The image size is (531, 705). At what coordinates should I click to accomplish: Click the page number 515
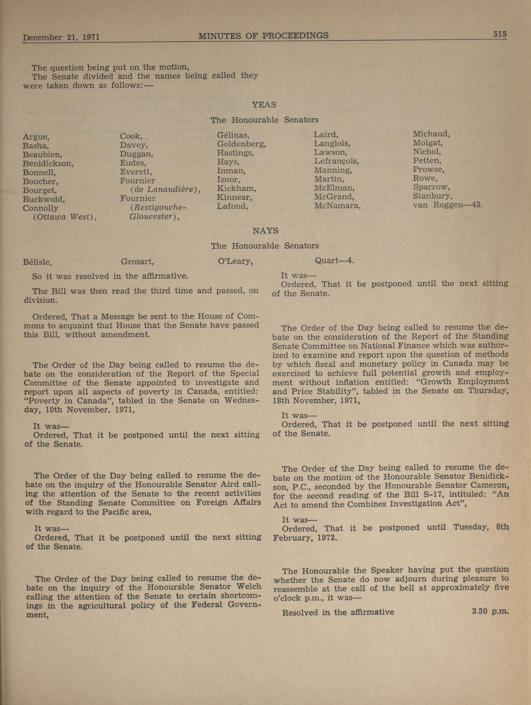[500, 34]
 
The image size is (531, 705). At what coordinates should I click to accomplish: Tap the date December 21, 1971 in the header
[61, 37]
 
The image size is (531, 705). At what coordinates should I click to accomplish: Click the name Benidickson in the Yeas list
[48, 164]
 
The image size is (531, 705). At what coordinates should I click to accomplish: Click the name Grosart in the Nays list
[137, 262]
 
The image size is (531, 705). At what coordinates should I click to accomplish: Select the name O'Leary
[235, 262]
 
